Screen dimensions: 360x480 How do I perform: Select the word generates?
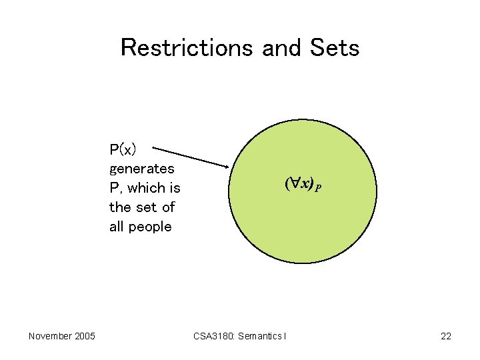142,169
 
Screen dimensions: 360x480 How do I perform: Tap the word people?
151,227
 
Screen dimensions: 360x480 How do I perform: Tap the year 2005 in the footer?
85,335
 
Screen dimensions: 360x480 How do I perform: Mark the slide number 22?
446,335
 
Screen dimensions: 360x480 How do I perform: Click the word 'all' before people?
117,227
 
